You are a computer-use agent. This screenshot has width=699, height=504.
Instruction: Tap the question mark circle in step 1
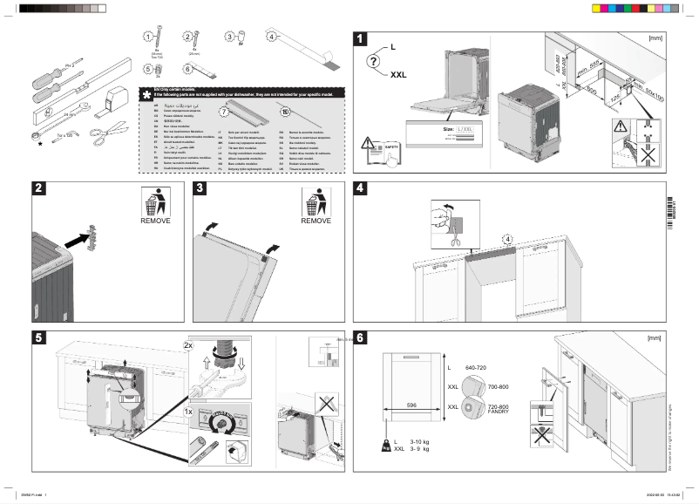pos(374,61)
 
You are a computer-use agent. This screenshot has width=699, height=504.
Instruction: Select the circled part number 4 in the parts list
pos(271,37)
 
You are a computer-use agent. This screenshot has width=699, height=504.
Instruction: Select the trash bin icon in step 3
pos(316,202)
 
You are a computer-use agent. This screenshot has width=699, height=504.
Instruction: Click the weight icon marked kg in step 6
pos(385,446)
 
